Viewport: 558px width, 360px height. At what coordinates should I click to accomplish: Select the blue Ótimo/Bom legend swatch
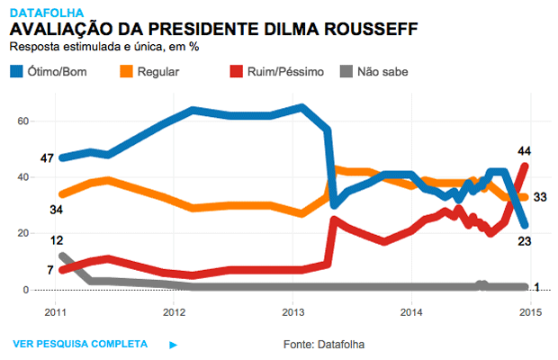[x=17, y=69]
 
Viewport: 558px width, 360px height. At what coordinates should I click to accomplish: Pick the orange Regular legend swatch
[x=125, y=69]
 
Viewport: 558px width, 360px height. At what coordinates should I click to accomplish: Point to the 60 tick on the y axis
[x=24, y=121]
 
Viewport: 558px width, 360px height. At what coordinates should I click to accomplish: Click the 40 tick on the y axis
[x=24, y=177]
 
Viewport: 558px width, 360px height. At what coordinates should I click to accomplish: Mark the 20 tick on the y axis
[x=24, y=234]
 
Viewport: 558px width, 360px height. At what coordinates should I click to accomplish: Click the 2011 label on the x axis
[x=56, y=312]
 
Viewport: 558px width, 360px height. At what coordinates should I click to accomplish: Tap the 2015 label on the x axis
[x=532, y=312]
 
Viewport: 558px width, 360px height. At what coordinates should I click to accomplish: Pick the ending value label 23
[x=524, y=240]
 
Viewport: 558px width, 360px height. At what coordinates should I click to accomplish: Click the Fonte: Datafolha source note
[x=324, y=344]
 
